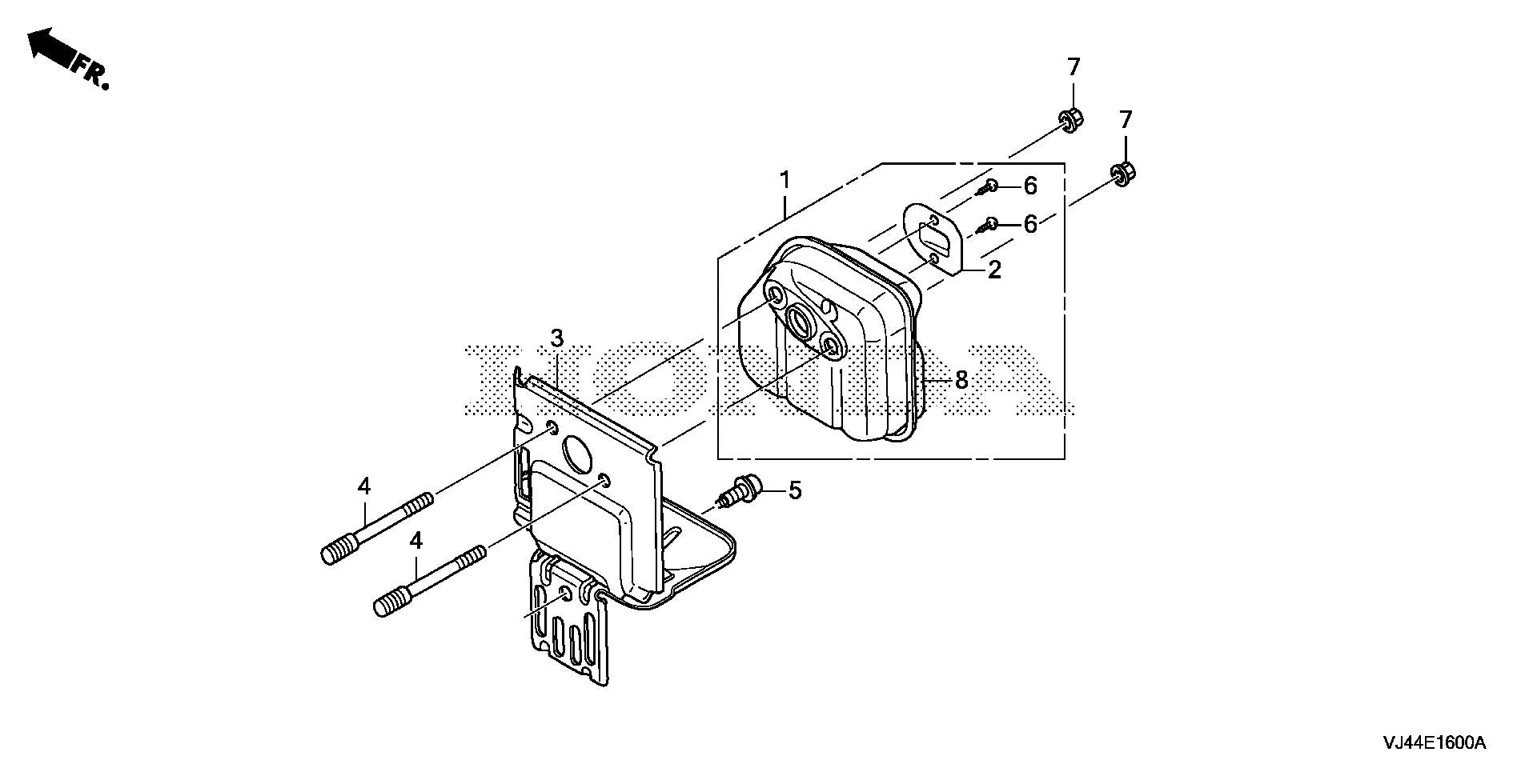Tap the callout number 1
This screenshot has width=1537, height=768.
point(785,179)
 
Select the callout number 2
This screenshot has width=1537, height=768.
point(994,270)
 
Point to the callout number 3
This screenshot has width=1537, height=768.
point(556,338)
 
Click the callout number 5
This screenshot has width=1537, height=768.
point(794,490)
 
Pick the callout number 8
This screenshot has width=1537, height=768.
point(961,381)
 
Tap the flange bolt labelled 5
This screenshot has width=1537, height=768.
point(740,490)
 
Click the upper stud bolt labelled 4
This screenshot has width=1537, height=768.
point(377,529)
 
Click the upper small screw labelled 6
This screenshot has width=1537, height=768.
point(986,189)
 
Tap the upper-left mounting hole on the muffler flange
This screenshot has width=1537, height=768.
point(775,297)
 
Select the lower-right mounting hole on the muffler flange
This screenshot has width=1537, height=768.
point(832,346)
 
